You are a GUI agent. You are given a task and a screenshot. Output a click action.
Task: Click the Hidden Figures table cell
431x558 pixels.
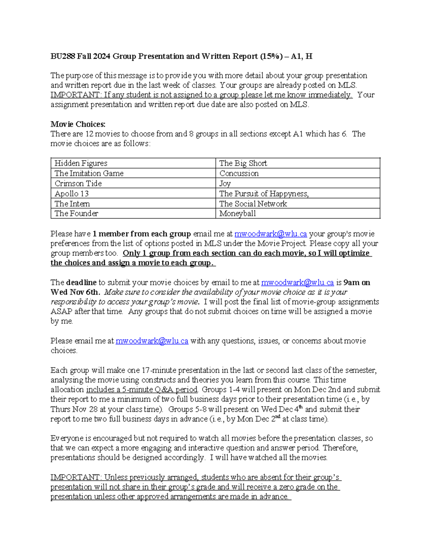point(133,163)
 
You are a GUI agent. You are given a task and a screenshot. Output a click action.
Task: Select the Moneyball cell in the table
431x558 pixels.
point(298,213)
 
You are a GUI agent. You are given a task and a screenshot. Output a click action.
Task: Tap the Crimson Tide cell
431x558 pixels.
point(133,183)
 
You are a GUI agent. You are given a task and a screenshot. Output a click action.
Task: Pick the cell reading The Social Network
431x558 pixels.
point(298,204)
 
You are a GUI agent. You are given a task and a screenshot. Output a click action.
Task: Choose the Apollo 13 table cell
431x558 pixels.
point(133,193)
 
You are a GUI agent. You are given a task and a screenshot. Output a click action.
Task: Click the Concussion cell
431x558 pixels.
point(298,173)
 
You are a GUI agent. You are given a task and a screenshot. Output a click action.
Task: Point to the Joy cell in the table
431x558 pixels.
point(298,183)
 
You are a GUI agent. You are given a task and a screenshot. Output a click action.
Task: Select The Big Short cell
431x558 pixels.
point(298,163)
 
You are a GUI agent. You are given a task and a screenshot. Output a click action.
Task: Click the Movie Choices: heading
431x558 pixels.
point(78,124)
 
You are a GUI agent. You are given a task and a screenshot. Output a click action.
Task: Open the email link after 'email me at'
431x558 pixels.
point(270,234)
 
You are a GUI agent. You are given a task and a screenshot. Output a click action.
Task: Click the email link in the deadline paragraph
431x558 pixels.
point(297,282)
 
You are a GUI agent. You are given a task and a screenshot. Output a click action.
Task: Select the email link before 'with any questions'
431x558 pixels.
point(152,341)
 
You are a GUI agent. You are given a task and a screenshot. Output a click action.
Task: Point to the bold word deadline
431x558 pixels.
point(81,282)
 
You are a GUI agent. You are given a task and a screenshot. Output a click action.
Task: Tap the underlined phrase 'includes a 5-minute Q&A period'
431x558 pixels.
point(142,389)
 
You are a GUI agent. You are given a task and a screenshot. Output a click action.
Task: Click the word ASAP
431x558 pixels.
point(61,312)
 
